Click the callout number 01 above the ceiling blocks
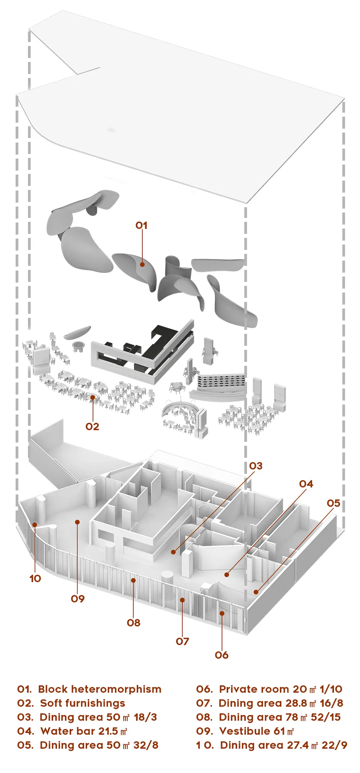point(141,225)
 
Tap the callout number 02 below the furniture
point(92,426)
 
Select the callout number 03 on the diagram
point(256,466)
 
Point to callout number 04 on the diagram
point(306,484)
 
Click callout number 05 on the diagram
point(333,503)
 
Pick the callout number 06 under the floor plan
point(222,655)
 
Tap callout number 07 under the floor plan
point(183,641)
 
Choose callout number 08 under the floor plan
point(134,623)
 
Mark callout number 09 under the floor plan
point(78,598)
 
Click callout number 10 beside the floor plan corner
point(35,578)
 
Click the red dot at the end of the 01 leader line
point(142,264)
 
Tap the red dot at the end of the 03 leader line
point(174,552)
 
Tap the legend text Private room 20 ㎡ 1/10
point(269,689)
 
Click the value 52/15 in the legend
point(325,717)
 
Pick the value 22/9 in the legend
point(334,745)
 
